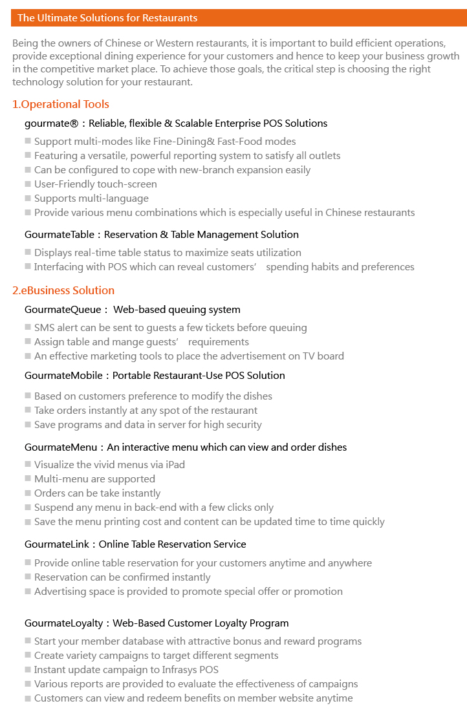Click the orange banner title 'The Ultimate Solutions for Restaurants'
pyautogui.click(x=107, y=18)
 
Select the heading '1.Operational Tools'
pyautogui.click(x=61, y=104)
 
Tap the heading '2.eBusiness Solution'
pyautogui.click(x=63, y=290)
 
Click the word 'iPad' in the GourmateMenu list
pyautogui.click(x=174, y=465)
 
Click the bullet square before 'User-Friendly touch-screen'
pyautogui.click(x=28, y=184)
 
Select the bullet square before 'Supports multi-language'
pyautogui.click(x=28, y=199)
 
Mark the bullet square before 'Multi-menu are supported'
pyautogui.click(x=28, y=479)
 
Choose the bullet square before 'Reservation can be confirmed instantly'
pyautogui.click(x=28, y=577)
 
